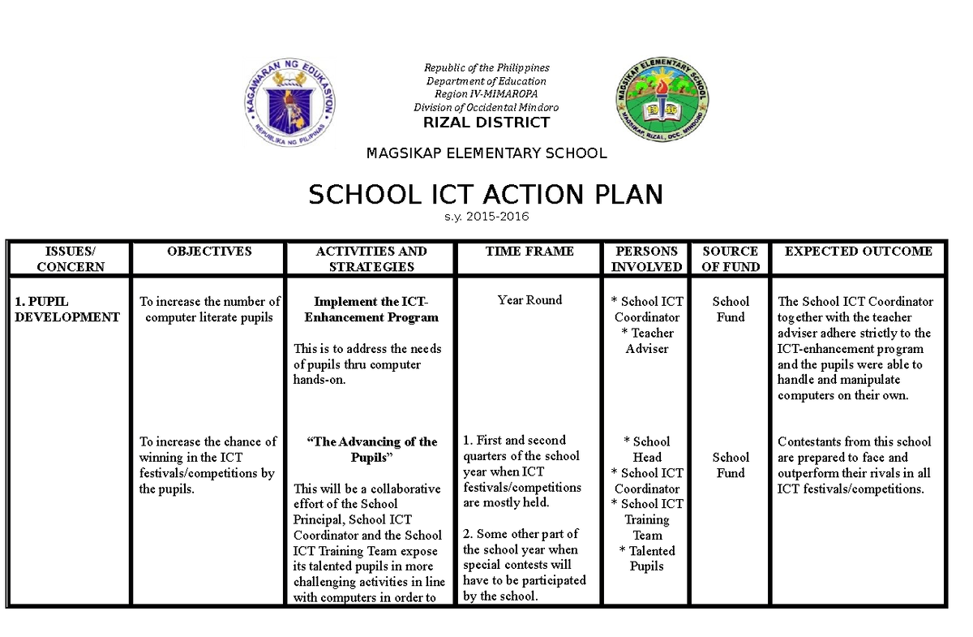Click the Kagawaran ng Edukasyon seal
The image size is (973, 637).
coord(291,103)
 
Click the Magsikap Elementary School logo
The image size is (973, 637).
coord(662,102)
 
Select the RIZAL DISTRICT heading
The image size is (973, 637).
coord(486,123)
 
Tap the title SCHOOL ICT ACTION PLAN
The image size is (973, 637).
coord(486,195)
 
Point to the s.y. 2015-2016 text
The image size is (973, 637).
coord(486,217)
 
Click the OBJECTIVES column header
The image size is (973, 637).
coord(209,252)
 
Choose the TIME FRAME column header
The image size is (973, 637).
coord(529,252)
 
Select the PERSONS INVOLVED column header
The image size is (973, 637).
coord(646,259)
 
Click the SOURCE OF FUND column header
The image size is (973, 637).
coord(730,259)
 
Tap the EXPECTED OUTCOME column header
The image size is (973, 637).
coord(859,252)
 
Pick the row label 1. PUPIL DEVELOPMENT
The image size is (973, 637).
coord(67,309)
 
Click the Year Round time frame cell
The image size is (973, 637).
coord(529,300)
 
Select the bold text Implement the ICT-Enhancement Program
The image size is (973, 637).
coord(371,309)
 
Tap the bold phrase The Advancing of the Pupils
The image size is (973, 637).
coord(371,450)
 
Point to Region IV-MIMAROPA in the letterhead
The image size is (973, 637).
coord(486,94)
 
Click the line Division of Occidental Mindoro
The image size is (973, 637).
coord(486,107)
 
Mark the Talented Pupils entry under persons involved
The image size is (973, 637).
coord(647,558)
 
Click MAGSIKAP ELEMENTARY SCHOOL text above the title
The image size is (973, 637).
coord(486,153)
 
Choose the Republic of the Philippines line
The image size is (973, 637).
coord(487,68)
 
